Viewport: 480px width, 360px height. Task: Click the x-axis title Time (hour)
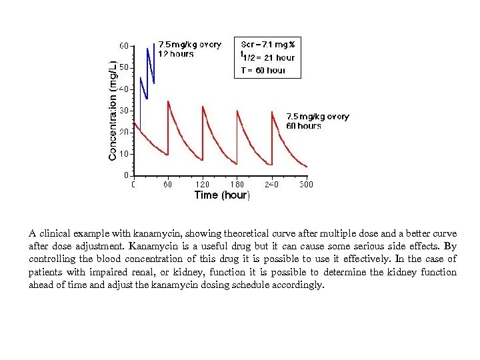[x=222, y=195]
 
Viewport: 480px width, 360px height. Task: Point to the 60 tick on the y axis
[x=124, y=46]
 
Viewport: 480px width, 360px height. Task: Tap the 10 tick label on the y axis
[x=124, y=153]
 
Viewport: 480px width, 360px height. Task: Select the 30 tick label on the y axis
[x=124, y=110]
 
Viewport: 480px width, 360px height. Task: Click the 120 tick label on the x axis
[x=202, y=185]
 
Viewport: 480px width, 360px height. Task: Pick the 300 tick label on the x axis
[x=306, y=185]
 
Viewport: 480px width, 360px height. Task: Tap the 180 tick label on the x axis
[x=237, y=185]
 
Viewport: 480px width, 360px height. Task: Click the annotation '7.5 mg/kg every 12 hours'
[x=189, y=49]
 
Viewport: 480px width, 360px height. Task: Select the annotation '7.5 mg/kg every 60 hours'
[x=317, y=121]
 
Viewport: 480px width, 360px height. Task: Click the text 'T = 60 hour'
[x=263, y=70]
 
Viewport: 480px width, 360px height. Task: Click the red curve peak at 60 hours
[x=168, y=101]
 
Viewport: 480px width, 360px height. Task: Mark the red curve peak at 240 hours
[x=272, y=111]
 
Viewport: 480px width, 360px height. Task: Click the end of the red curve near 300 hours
[x=307, y=167]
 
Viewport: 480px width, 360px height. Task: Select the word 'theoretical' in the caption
[x=233, y=234]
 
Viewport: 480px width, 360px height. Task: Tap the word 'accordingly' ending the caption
[x=299, y=285]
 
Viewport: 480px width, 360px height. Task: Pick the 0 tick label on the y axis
[x=127, y=175]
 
